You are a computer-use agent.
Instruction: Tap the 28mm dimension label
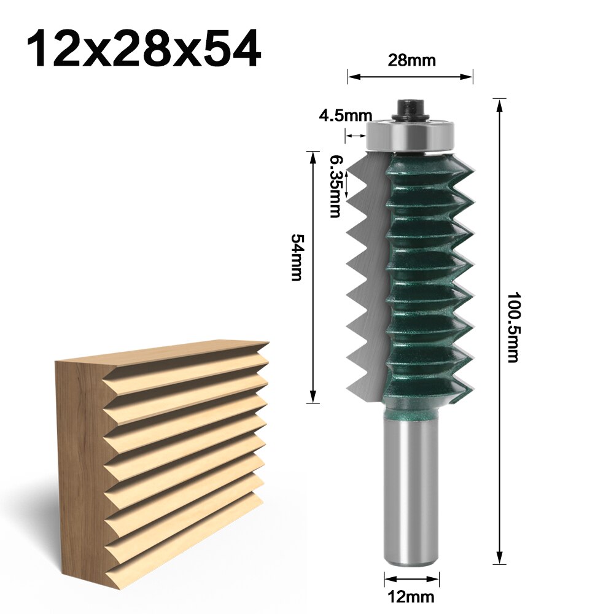click(x=411, y=60)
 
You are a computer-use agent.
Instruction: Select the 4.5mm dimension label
click(x=345, y=115)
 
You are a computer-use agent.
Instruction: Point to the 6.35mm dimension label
click(x=335, y=185)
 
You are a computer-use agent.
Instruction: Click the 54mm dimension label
click(x=297, y=257)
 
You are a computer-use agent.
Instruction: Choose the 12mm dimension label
click(x=411, y=596)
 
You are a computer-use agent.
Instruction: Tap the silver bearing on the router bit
click(x=410, y=134)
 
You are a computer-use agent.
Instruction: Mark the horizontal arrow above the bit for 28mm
click(x=411, y=77)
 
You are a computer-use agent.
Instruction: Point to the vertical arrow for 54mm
click(x=314, y=276)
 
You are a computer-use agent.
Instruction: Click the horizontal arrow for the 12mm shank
click(x=411, y=578)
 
